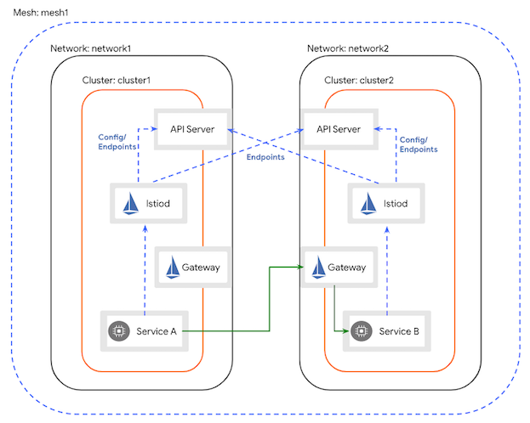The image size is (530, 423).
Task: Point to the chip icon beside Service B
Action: pyautogui.click(x=362, y=330)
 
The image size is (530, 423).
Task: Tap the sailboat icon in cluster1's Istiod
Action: pyautogui.click(x=130, y=204)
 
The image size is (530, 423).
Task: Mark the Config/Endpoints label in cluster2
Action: pyautogui.click(x=419, y=143)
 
